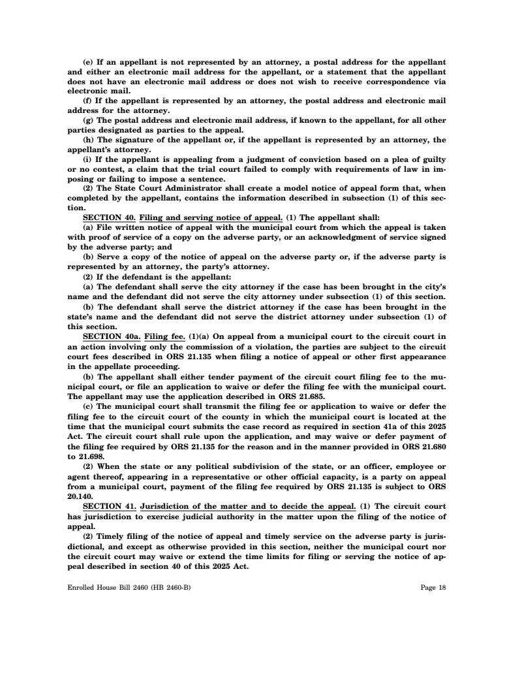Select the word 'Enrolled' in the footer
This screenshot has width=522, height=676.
[x=81, y=587]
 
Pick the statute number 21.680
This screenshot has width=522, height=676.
[x=431, y=431]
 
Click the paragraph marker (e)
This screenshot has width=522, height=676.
[x=87, y=62]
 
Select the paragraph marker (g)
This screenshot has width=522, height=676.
[x=87, y=121]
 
